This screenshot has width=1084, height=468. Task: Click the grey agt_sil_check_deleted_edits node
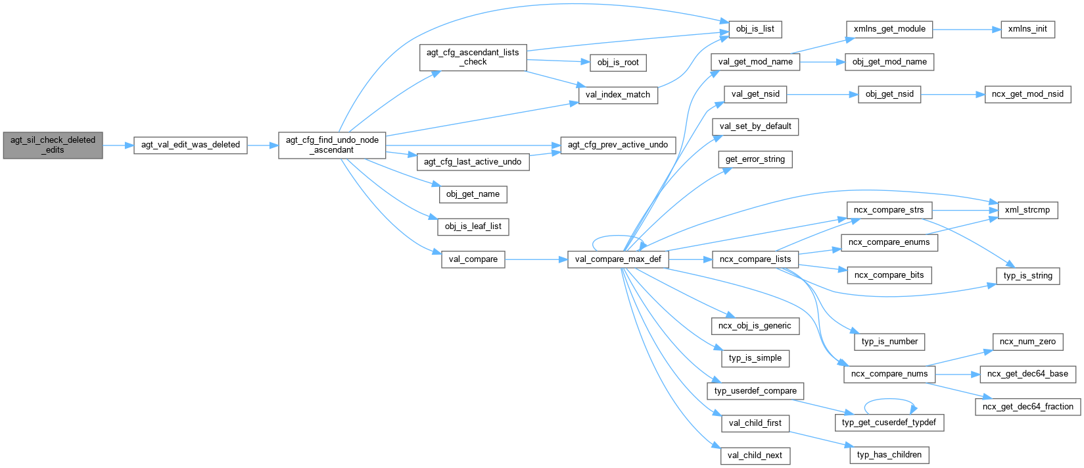(x=53, y=145)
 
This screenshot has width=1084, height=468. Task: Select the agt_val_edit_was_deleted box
(x=190, y=145)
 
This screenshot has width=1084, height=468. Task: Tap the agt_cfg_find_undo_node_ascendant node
(x=332, y=145)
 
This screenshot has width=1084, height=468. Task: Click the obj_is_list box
(x=755, y=29)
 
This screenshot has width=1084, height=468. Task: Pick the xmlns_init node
(x=1027, y=29)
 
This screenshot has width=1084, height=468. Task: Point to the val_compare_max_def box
(x=618, y=259)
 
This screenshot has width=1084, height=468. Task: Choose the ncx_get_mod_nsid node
(x=1027, y=94)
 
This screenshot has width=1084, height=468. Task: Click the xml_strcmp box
(x=1027, y=210)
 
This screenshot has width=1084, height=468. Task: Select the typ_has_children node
(x=889, y=455)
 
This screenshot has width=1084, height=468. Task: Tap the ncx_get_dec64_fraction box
(x=1027, y=407)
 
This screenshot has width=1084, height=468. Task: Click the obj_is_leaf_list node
(x=473, y=226)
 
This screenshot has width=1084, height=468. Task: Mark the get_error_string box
(x=755, y=159)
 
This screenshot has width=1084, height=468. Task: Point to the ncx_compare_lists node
(x=755, y=259)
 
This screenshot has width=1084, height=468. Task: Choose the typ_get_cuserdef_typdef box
(x=889, y=422)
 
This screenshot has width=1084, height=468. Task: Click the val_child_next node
(x=755, y=455)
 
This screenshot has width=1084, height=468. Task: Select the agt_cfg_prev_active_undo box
(x=618, y=145)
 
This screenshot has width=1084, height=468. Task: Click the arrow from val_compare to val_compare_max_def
(x=536, y=259)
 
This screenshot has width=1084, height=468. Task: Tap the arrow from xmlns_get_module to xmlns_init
(x=966, y=29)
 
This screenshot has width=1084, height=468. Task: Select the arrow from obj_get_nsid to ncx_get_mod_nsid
(x=953, y=94)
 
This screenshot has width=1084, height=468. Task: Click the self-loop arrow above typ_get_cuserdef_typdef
(x=889, y=399)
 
